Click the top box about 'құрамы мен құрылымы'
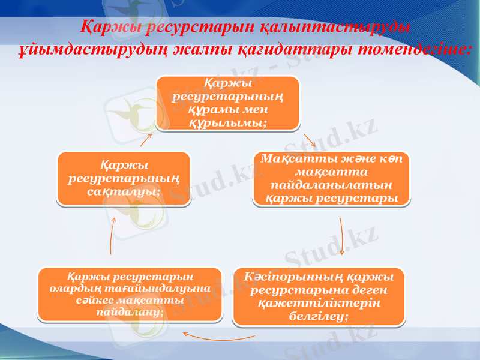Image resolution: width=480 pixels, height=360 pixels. point(227,103)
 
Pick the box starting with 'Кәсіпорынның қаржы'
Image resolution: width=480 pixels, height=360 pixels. point(319,296)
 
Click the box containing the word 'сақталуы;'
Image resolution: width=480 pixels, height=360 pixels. point(124,178)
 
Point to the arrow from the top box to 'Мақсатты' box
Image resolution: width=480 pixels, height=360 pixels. point(310,140)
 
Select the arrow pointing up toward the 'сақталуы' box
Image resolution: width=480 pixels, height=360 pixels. point(112,235)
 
